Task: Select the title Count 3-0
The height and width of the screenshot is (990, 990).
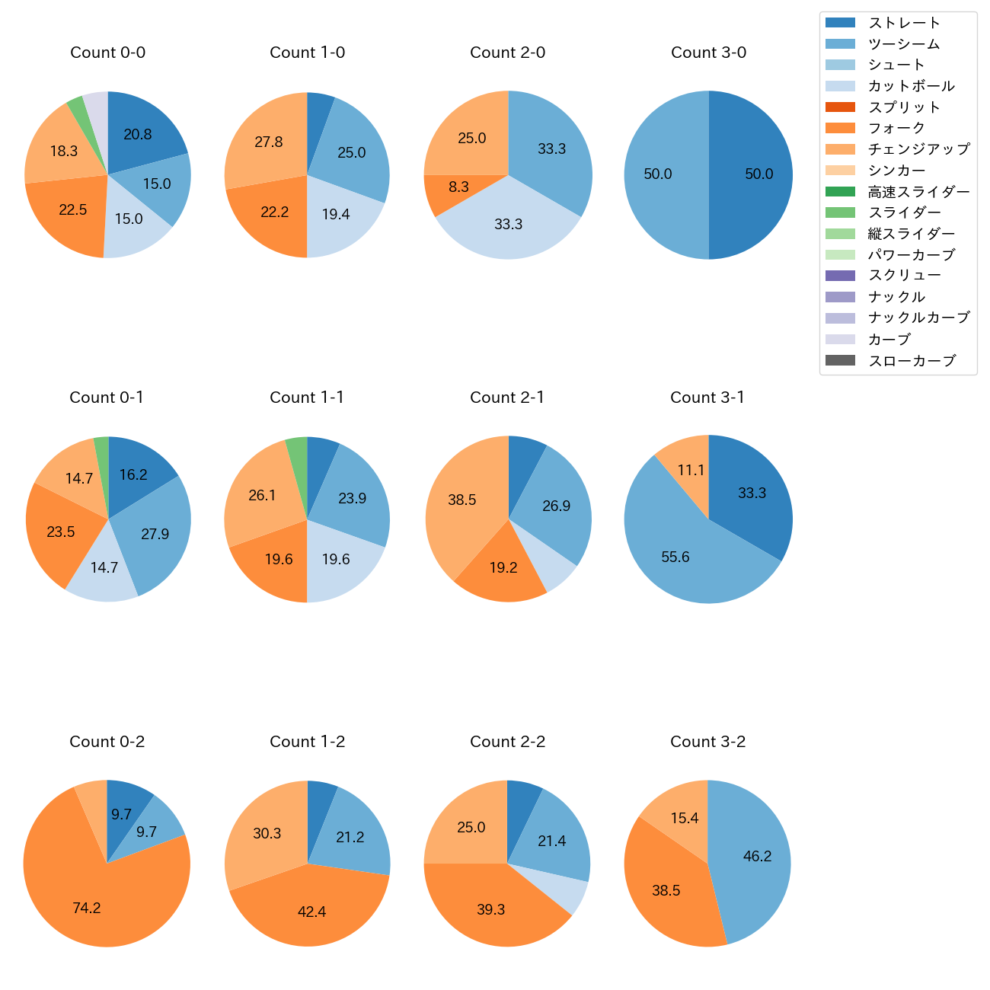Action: pyautogui.click(x=708, y=53)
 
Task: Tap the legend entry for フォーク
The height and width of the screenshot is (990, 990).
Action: pyautogui.click(x=896, y=128)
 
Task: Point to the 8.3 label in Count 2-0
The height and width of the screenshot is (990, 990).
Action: pyautogui.click(x=458, y=187)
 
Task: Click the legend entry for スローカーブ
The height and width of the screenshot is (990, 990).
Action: pyautogui.click(x=912, y=361)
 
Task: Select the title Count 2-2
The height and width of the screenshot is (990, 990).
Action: pyautogui.click(x=507, y=742)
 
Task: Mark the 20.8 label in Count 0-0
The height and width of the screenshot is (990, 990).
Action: pyautogui.click(x=138, y=135)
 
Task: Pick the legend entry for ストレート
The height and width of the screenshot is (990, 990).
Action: pyautogui.click(x=904, y=23)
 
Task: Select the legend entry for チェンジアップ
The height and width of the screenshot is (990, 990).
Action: pyautogui.click(x=918, y=149)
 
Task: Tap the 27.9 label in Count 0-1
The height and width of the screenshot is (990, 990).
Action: pyautogui.click(x=155, y=534)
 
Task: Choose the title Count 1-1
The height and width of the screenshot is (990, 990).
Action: pyautogui.click(x=307, y=398)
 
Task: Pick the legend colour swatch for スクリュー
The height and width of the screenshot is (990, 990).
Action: pyautogui.click(x=840, y=276)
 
